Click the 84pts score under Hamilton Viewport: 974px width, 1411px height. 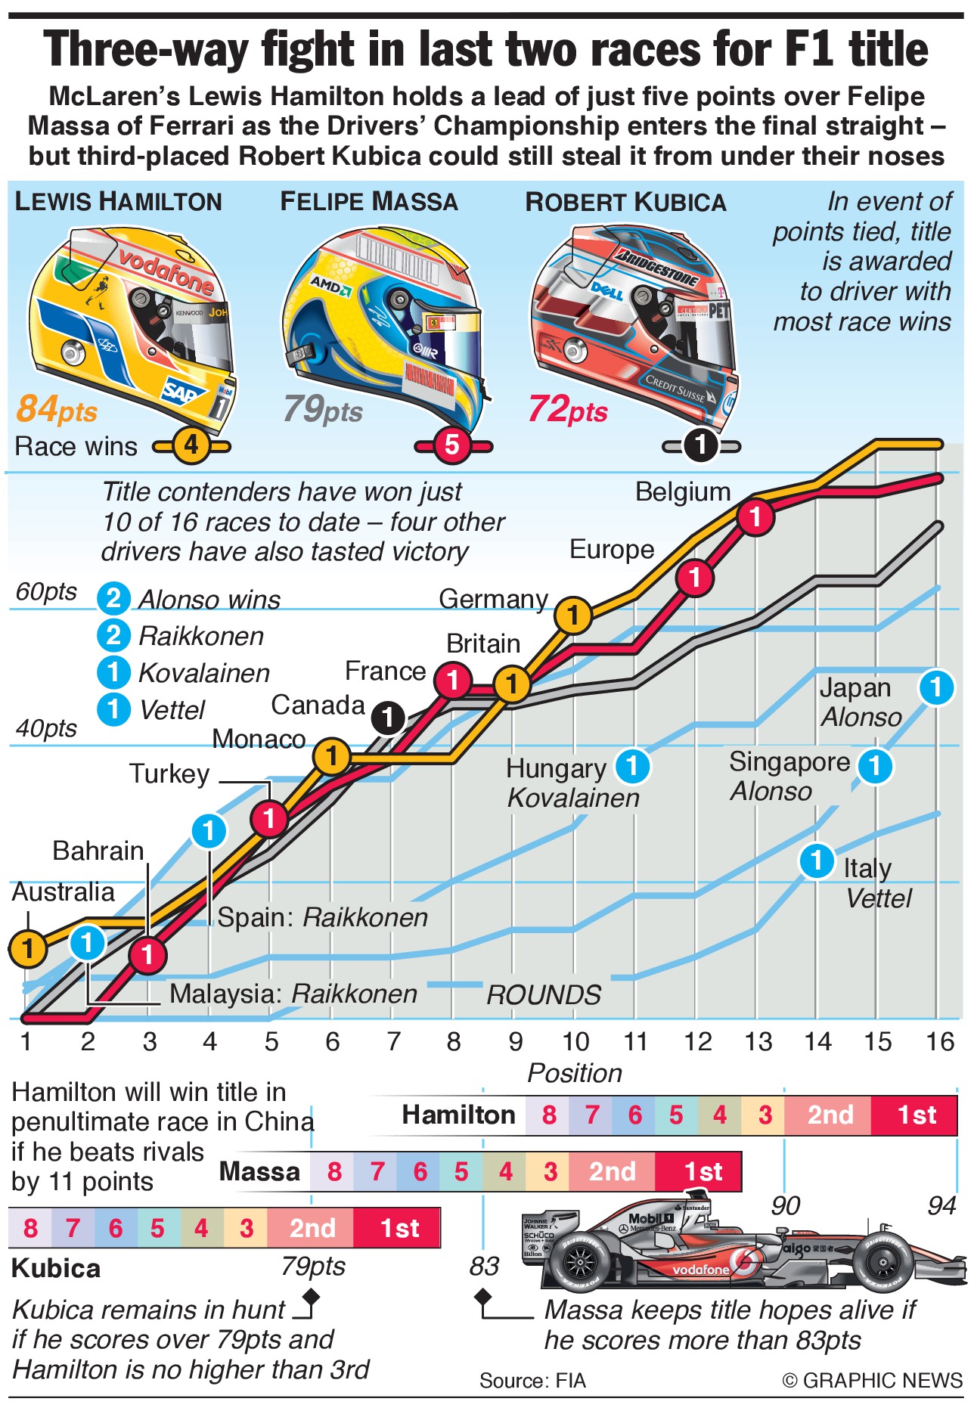coord(57,409)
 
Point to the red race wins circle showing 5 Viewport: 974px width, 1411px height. coord(452,445)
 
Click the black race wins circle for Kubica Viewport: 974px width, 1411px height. coord(701,445)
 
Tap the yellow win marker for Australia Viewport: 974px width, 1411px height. coord(28,947)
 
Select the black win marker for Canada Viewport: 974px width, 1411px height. coord(389,717)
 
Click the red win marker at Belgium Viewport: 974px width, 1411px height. coord(755,517)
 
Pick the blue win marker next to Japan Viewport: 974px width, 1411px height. coord(936,687)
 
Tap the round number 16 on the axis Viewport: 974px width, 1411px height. coord(940,1042)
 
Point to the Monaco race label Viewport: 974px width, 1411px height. coord(259,739)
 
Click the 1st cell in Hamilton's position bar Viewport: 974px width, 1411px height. coord(915,1115)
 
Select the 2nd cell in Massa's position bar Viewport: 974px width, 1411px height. coord(612,1171)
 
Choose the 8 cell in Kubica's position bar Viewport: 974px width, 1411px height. coord(30,1228)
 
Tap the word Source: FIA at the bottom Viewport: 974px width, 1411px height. coord(532,1381)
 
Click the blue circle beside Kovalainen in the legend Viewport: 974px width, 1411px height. coord(114,672)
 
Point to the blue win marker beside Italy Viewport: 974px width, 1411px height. coord(817,861)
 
